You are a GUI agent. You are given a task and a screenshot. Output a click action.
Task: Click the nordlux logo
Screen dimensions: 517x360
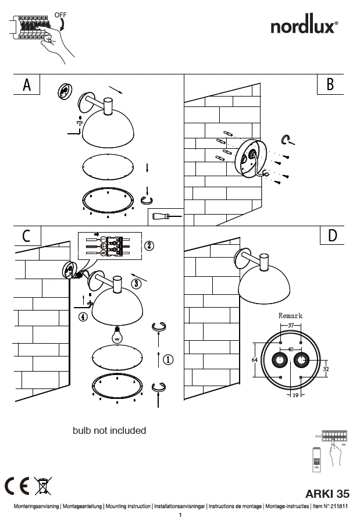point(305,26)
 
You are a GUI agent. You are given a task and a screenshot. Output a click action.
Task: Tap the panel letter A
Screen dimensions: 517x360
point(26,85)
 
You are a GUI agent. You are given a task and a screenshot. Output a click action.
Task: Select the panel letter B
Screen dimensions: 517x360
point(330,85)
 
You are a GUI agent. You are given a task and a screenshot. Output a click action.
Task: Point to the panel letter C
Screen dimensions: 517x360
point(26,236)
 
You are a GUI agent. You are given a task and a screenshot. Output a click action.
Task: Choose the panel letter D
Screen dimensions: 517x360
point(332,236)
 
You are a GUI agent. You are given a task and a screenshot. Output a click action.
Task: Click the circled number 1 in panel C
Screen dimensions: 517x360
point(167,360)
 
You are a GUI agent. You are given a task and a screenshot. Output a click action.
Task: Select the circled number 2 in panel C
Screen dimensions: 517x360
point(149,245)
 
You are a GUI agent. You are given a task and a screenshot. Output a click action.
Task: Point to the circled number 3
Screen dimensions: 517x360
point(136,284)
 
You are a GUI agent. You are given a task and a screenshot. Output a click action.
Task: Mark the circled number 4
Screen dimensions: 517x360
point(84,317)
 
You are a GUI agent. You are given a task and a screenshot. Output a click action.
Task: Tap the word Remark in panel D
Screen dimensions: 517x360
point(290,316)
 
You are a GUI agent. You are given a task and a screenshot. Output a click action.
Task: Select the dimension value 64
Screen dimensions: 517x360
point(254,360)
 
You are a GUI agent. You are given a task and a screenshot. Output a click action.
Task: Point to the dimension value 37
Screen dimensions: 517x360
point(291,326)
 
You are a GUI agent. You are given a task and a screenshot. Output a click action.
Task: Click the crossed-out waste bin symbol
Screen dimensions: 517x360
point(42,484)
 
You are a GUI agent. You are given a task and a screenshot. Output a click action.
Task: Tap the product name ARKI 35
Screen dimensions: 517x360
point(327,494)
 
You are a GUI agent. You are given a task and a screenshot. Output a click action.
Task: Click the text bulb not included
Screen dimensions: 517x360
point(109,431)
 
